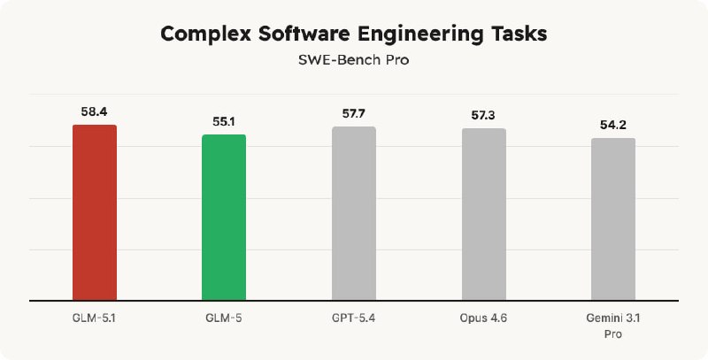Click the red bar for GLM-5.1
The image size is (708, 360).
[x=94, y=212]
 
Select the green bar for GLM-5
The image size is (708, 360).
[x=224, y=218]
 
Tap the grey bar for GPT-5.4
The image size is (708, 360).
[x=354, y=213]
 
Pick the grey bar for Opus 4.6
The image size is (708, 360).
[x=484, y=214]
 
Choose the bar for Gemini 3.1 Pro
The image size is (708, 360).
[x=613, y=218]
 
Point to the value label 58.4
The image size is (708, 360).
[x=94, y=113]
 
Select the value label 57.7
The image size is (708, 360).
[x=354, y=115]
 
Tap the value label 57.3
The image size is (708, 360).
[x=484, y=117]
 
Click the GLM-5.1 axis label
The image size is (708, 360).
[x=94, y=317]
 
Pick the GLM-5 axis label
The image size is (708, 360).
[x=224, y=317]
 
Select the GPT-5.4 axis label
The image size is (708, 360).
[x=354, y=317]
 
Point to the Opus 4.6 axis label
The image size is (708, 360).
[x=484, y=317]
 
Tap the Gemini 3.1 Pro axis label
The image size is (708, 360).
[x=613, y=324]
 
